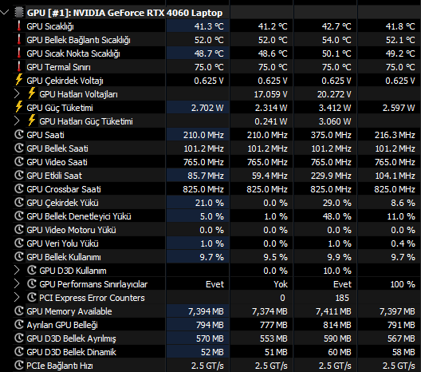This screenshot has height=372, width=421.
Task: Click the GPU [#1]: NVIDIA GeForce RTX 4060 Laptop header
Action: [x=124, y=13]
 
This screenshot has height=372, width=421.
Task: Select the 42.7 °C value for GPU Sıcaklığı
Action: [x=336, y=26]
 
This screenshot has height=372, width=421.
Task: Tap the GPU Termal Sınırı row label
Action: [x=58, y=67]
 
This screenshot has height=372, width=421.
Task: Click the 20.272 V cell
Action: [x=334, y=94]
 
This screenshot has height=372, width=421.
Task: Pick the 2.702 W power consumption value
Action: [x=207, y=108]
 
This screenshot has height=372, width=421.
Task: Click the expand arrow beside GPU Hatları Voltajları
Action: [x=17, y=94]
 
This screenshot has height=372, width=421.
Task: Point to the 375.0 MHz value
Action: [x=331, y=135]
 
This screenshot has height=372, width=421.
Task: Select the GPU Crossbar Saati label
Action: [x=64, y=189]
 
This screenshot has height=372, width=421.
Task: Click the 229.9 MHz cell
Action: [x=331, y=176]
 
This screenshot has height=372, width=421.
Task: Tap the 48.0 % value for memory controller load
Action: [x=337, y=216]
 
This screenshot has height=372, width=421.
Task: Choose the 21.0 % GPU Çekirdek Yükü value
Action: [x=210, y=203]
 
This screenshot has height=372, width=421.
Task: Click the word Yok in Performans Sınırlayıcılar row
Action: [x=281, y=284]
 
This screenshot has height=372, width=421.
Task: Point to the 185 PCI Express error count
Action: [x=342, y=298]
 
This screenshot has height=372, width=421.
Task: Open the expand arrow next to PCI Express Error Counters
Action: [x=17, y=297]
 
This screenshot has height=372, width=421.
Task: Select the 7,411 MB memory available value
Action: [x=333, y=311]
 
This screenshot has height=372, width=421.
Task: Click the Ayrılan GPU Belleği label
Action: [x=62, y=325]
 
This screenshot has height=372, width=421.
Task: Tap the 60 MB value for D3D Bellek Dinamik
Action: [x=340, y=352]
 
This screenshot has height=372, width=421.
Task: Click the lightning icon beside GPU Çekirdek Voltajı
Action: [x=19, y=80]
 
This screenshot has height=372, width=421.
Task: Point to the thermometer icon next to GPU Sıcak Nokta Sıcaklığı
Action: [x=19, y=53]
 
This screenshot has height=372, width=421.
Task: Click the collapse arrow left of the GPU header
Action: [x=5, y=12]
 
